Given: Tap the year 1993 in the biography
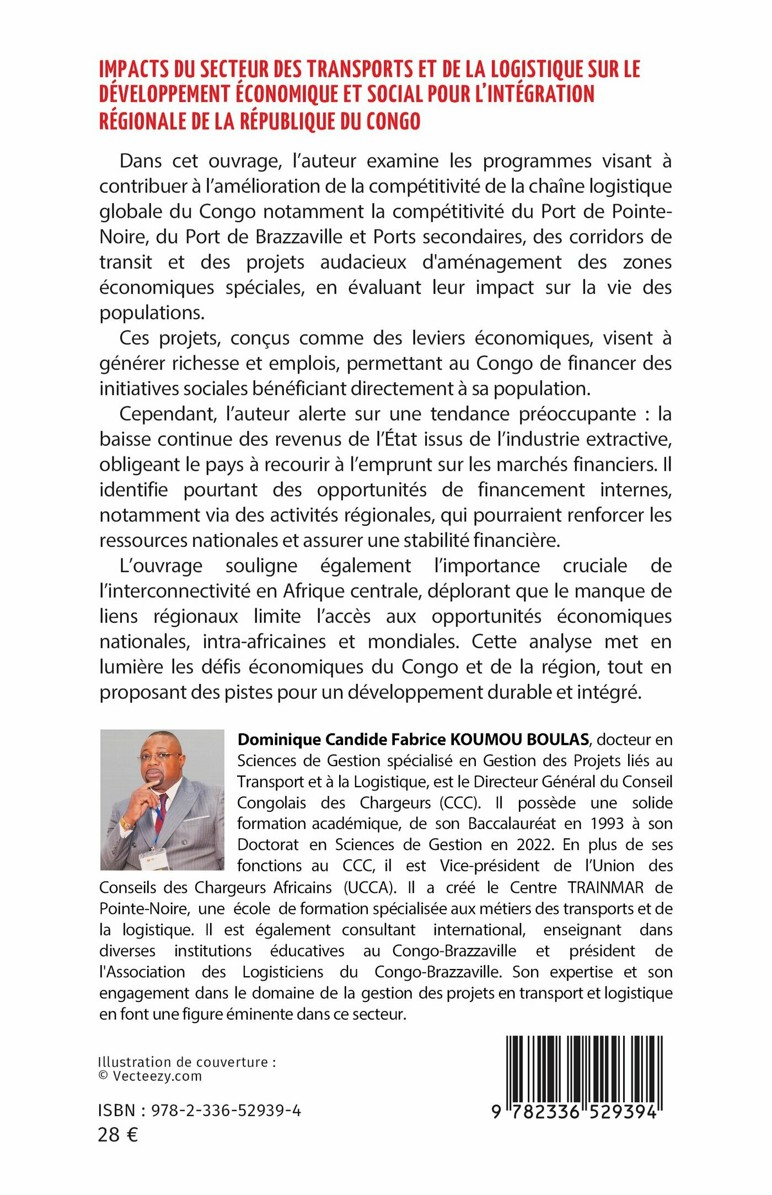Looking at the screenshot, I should tap(607, 823).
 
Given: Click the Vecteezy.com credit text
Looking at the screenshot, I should tap(157, 1076).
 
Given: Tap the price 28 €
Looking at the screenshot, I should tap(118, 1135).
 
